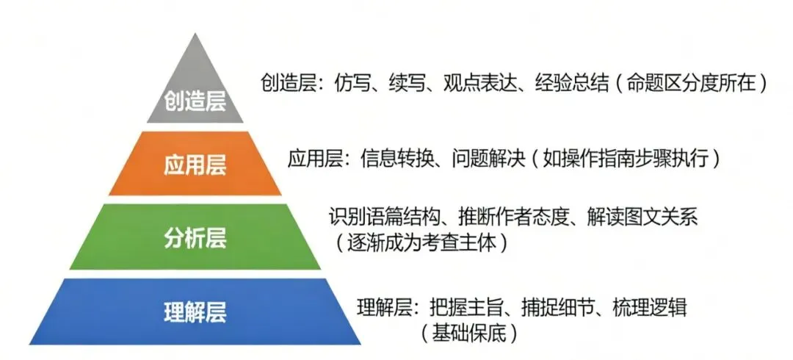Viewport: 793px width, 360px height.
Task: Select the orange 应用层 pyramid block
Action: [195, 165]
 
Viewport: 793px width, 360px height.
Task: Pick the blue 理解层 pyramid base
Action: [195, 312]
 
